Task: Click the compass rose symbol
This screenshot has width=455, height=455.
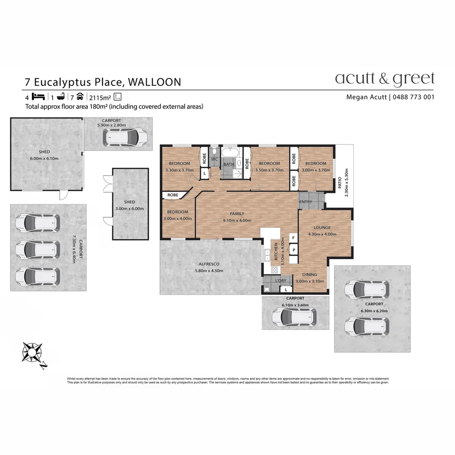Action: coord(32,352)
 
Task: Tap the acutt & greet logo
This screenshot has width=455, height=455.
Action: coord(384,79)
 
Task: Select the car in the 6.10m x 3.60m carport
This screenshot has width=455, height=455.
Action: coord(294,317)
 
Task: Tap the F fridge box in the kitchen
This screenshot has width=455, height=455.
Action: coord(294,238)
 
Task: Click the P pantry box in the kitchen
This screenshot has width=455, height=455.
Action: coord(294,249)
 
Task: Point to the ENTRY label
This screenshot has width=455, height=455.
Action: coord(306,202)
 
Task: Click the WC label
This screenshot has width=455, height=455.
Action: coord(214,159)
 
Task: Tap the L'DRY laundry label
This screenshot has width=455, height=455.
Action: coord(281,281)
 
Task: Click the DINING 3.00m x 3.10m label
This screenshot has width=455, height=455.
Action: coord(310,278)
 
